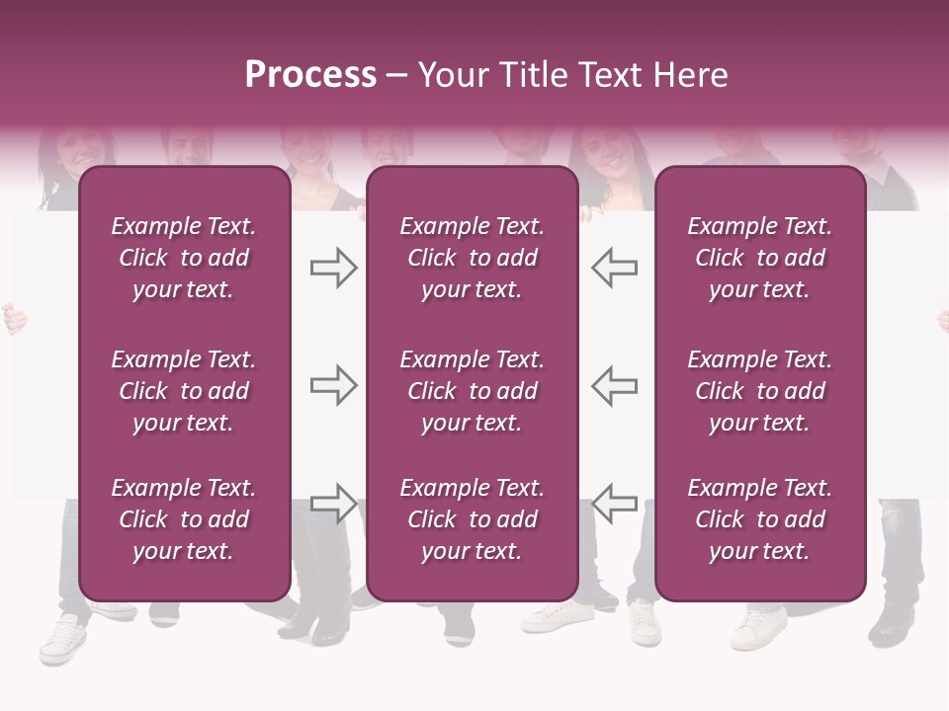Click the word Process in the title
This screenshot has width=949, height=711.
(310, 74)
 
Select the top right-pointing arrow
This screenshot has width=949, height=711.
(333, 268)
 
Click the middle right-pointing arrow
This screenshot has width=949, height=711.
(333, 385)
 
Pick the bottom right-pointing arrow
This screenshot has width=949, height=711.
(333, 503)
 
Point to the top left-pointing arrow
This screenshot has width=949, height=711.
(615, 268)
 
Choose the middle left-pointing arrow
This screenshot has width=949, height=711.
(615, 385)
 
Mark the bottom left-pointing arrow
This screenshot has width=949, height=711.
(615, 503)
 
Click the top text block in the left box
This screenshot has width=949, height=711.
(184, 258)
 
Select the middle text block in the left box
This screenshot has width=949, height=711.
(184, 391)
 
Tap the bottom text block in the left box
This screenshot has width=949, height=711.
(184, 519)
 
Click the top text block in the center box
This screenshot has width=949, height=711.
(472, 258)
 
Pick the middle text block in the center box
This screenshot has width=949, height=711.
(472, 391)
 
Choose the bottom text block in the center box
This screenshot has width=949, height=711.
(472, 519)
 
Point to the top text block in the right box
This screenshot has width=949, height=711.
(760, 258)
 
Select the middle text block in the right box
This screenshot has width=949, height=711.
(760, 391)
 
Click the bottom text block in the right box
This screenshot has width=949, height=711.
(760, 519)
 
